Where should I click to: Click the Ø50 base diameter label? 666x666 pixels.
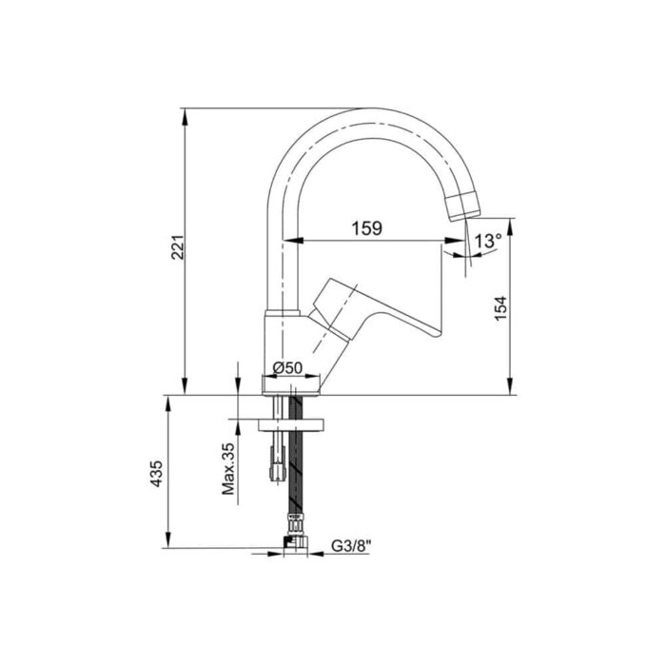click(x=286, y=367)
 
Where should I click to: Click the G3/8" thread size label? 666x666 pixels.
click(x=351, y=548)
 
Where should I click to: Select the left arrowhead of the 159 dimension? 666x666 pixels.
click(x=304, y=241)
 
